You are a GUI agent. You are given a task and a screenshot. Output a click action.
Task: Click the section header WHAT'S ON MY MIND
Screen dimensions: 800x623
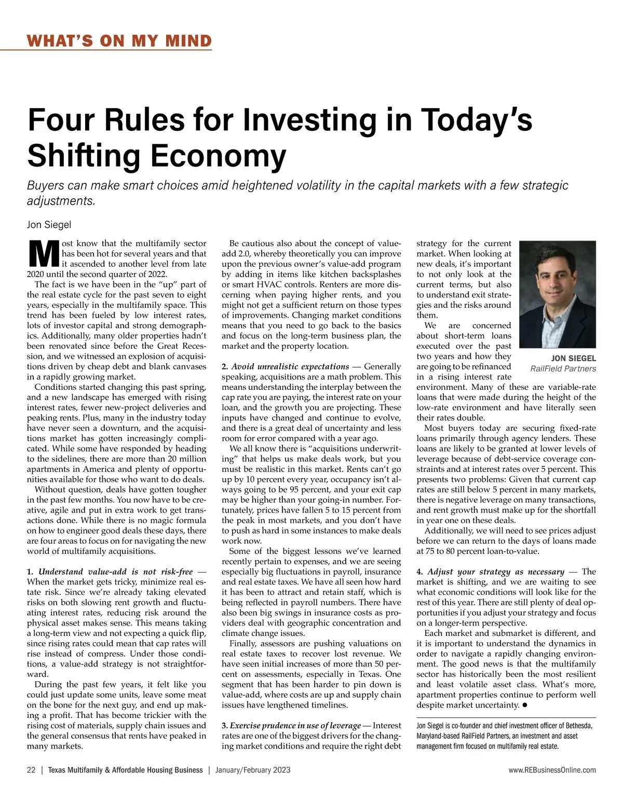coord(119,40)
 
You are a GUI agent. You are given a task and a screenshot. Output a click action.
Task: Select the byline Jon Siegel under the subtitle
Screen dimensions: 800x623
coord(49,225)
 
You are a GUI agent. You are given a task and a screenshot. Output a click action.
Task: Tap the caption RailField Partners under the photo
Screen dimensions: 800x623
coord(563,369)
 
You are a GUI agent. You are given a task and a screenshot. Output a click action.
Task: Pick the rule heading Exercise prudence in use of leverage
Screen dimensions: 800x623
coord(295,725)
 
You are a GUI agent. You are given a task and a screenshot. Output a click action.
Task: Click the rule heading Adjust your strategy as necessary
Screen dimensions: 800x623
coord(495,572)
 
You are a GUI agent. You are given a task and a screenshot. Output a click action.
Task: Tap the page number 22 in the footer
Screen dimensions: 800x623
coord(31,770)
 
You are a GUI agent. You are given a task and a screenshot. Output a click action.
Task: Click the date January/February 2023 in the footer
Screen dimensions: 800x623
coord(252,770)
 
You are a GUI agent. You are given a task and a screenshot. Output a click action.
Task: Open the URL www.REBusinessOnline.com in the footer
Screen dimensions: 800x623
coord(552,770)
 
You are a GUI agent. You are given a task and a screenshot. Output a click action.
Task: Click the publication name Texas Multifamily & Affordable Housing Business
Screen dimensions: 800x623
coord(125,770)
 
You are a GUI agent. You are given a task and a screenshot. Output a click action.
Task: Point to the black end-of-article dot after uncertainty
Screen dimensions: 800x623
coord(525,705)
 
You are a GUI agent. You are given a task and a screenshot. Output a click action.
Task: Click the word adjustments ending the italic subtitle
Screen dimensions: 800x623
coord(61,201)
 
